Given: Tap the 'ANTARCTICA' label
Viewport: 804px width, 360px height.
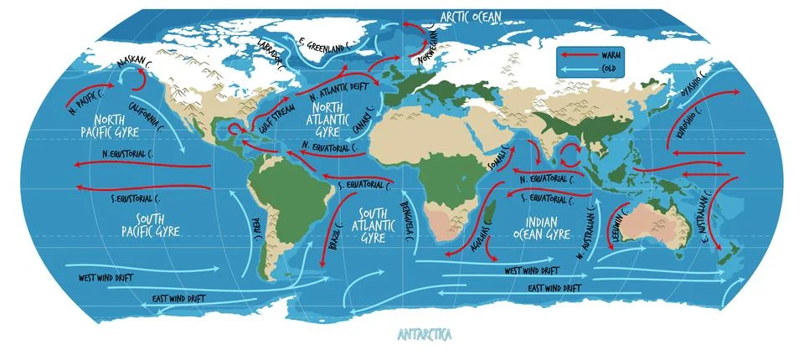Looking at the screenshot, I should point(424,334).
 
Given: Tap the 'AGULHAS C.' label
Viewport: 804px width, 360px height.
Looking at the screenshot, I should point(474,239).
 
